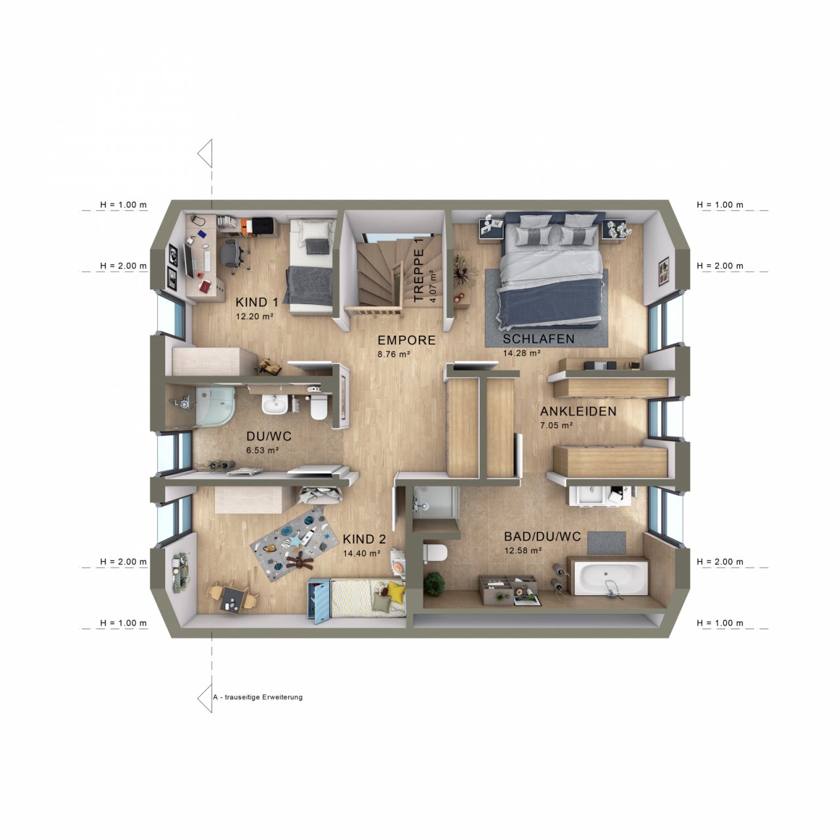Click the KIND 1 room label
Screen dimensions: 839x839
point(256,302)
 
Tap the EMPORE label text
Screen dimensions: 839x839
point(406,340)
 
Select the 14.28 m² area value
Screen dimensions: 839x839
point(522,353)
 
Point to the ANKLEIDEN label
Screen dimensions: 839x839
point(577,411)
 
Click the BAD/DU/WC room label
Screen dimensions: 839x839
point(542,536)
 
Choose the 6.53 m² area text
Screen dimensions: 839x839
point(262,450)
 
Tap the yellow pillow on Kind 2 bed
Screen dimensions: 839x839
point(396,591)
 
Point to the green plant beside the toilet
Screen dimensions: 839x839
point(434,584)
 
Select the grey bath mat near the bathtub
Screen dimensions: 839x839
point(606,543)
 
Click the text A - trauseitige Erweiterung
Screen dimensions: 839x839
point(258,697)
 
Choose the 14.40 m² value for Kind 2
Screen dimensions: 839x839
point(361,553)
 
